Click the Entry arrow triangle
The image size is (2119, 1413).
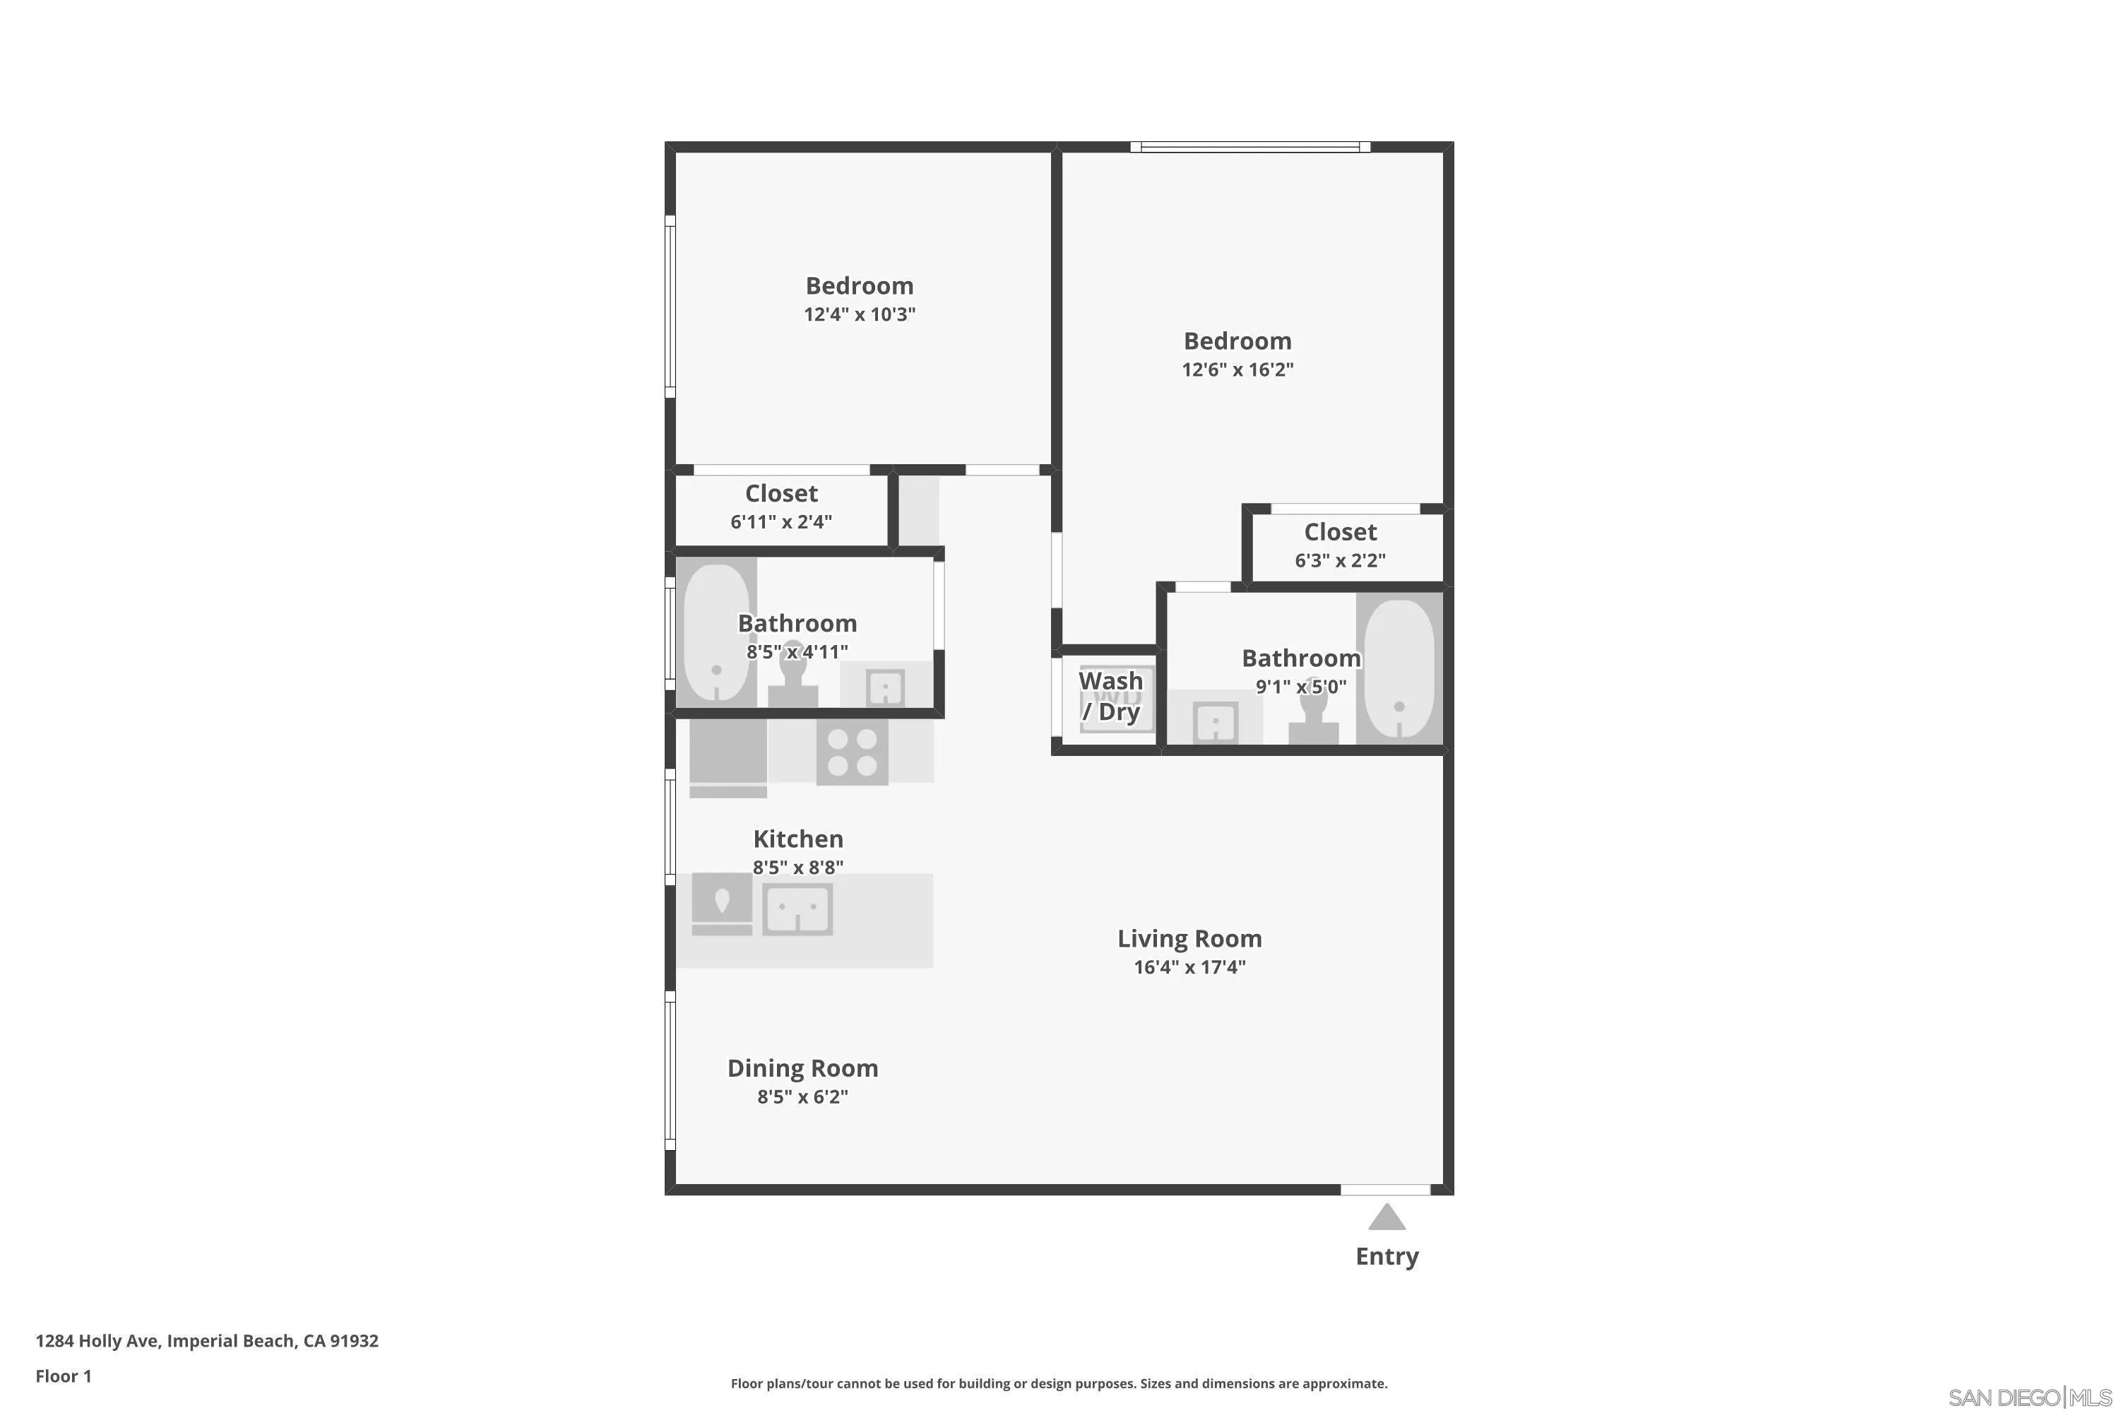pyautogui.click(x=1387, y=1217)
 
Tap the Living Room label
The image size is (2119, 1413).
pyautogui.click(x=1189, y=939)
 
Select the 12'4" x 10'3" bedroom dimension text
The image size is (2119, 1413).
pyautogui.click(x=860, y=314)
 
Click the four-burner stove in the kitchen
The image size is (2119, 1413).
pyautogui.click(x=851, y=752)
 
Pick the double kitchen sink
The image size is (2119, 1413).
pyautogui.click(x=797, y=909)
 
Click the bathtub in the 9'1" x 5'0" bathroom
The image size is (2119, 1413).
pyautogui.click(x=1399, y=668)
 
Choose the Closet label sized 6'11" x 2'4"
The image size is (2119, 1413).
pyautogui.click(x=781, y=494)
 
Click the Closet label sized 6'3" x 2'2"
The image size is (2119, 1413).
pyautogui.click(x=1340, y=533)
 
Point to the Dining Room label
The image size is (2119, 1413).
pyautogui.click(x=802, y=1069)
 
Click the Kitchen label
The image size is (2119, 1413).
pyautogui.click(x=798, y=839)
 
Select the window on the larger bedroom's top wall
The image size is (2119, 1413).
pyautogui.click(x=1250, y=147)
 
